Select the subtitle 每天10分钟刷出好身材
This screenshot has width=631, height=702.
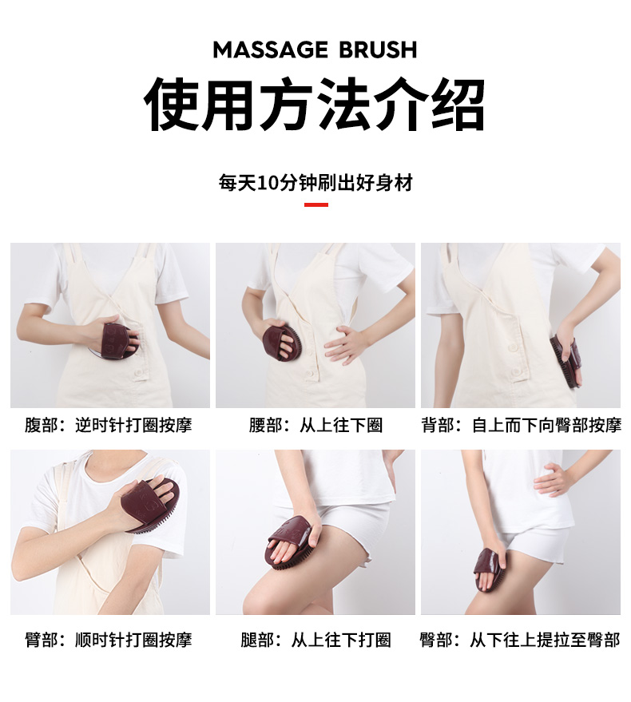[x=315, y=183]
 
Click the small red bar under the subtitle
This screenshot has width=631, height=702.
[x=316, y=205]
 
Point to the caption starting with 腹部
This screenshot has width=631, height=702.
[x=109, y=425]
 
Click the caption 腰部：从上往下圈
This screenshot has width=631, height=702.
[x=315, y=425]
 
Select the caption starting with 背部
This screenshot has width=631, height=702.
[x=521, y=425]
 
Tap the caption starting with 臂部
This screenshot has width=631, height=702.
[x=109, y=640]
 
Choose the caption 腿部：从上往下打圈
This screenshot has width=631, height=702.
[x=315, y=640]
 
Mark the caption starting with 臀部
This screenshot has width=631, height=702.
[x=520, y=640]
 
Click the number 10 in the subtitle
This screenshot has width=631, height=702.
[x=266, y=183]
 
